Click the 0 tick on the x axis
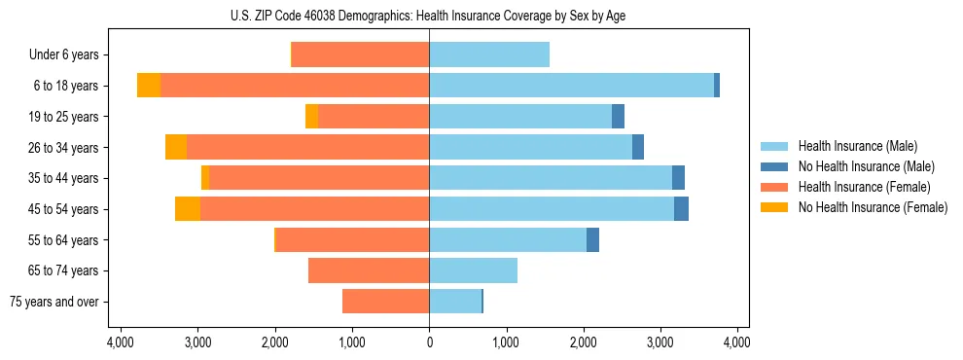click(x=429, y=342)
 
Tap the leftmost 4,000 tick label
click(x=121, y=342)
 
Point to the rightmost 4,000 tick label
click(x=736, y=342)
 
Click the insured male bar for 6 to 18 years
click(x=571, y=86)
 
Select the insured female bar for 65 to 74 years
click(x=369, y=270)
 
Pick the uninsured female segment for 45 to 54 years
click(x=188, y=209)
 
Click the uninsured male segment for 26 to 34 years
click(x=638, y=148)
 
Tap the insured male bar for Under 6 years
click(x=489, y=55)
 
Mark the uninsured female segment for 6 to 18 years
click(x=149, y=86)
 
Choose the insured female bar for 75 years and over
click(x=385, y=302)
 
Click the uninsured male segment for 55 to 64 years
click(x=592, y=240)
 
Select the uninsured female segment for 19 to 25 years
click(x=311, y=117)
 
